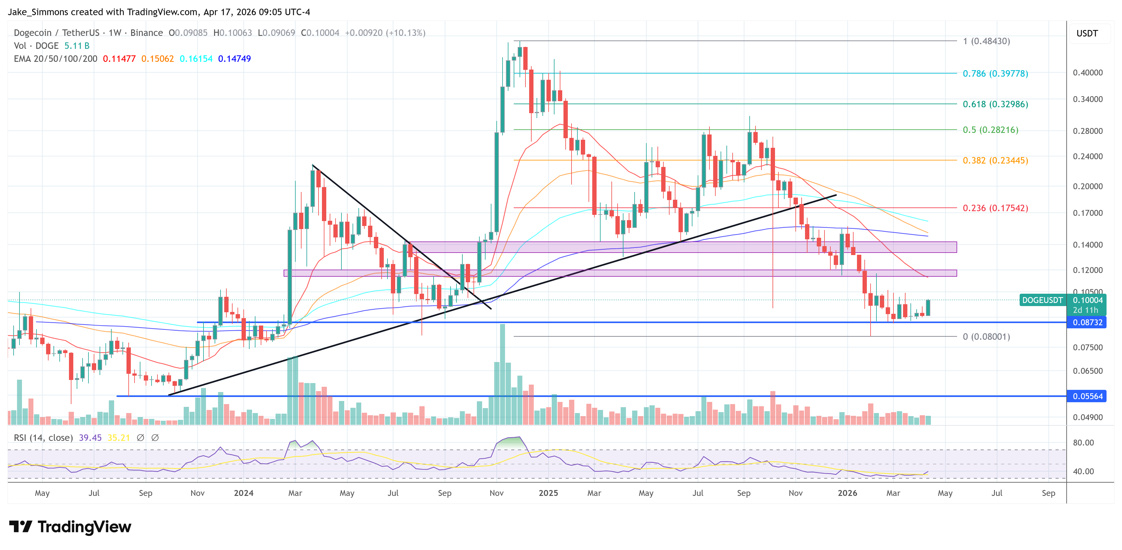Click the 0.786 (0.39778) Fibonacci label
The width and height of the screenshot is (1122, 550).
pos(995,74)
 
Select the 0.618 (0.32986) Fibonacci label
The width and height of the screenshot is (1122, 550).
pos(995,104)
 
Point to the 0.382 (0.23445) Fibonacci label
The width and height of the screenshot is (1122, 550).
pos(995,160)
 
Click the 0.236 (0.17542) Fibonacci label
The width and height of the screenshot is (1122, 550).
pos(995,208)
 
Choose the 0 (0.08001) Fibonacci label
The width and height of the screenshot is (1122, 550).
pos(986,337)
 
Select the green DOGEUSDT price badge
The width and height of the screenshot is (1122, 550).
pos(1042,300)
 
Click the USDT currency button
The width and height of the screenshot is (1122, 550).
pos(1087,33)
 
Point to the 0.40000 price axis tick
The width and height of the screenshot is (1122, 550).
pos(1087,73)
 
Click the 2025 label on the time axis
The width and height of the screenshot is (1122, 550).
pos(548,493)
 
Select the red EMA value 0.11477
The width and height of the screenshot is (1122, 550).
pos(119,59)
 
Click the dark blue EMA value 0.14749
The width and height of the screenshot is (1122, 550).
pos(234,59)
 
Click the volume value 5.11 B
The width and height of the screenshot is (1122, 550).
pos(77,46)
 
